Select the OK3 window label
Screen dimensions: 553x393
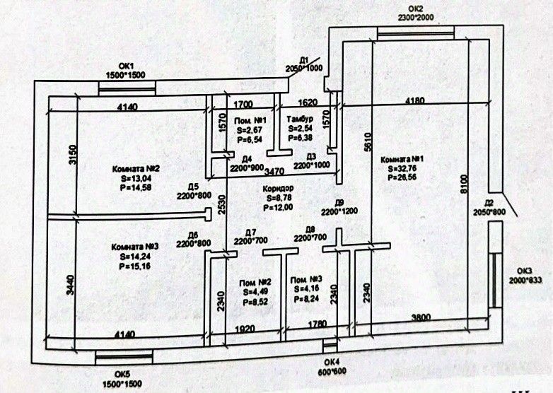pyautogui.click(x=526, y=270)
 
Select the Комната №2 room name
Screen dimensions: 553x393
pyautogui.click(x=136, y=169)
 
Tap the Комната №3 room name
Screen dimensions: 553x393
pyautogui.click(x=134, y=247)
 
